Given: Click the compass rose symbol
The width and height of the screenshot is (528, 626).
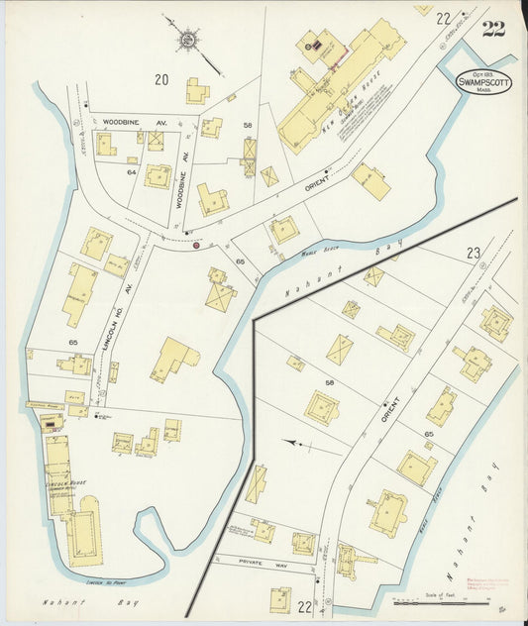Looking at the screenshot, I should pyautogui.click(x=187, y=39).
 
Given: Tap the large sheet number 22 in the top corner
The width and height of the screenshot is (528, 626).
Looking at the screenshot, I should pyautogui.click(x=493, y=27).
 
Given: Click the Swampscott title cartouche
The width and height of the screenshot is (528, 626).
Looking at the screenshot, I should pyautogui.click(x=483, y=82).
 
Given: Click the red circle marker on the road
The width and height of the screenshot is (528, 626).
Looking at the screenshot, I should pyautogui.click(x=196, y=244).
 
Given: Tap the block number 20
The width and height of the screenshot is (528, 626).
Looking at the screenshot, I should pyautogui.click(x=161, y=79).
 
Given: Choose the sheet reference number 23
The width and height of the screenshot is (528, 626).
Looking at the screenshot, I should pyautogui.click(x=475, y=254).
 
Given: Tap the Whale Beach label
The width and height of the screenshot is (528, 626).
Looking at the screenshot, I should pyautogui.click(x=314, y=254).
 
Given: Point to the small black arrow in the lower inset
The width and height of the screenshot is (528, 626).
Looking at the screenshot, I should pyautogui.click(x=291, y=443).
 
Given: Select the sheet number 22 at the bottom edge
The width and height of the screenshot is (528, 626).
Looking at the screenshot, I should pyautogui.click(x=306, y=605).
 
